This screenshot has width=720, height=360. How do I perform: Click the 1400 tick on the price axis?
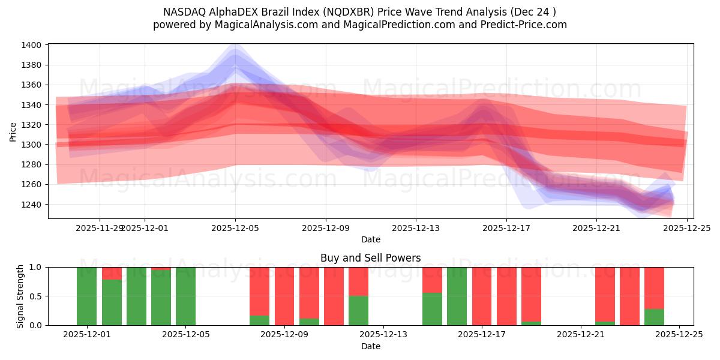31,45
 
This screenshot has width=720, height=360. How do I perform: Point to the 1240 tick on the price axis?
31,204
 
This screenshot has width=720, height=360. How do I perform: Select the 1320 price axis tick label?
31,125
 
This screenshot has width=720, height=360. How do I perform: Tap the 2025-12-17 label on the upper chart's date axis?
506,228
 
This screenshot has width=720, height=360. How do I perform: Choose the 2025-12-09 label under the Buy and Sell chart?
284,335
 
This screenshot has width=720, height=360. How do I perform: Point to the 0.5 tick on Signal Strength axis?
35,296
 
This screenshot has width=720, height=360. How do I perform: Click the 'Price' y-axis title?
13,131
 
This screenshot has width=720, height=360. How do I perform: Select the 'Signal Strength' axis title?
20,296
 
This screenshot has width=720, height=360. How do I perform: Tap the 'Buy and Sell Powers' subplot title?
370,259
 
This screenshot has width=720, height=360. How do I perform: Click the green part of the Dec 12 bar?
358,310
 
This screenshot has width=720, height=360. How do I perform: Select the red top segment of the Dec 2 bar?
112,273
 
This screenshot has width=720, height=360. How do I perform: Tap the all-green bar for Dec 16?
457,296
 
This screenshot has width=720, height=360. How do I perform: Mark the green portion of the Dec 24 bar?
654,317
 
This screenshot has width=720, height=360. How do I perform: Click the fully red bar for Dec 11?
334,296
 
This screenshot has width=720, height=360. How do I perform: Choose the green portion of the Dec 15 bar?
432,308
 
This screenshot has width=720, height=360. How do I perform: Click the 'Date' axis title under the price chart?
370,239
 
